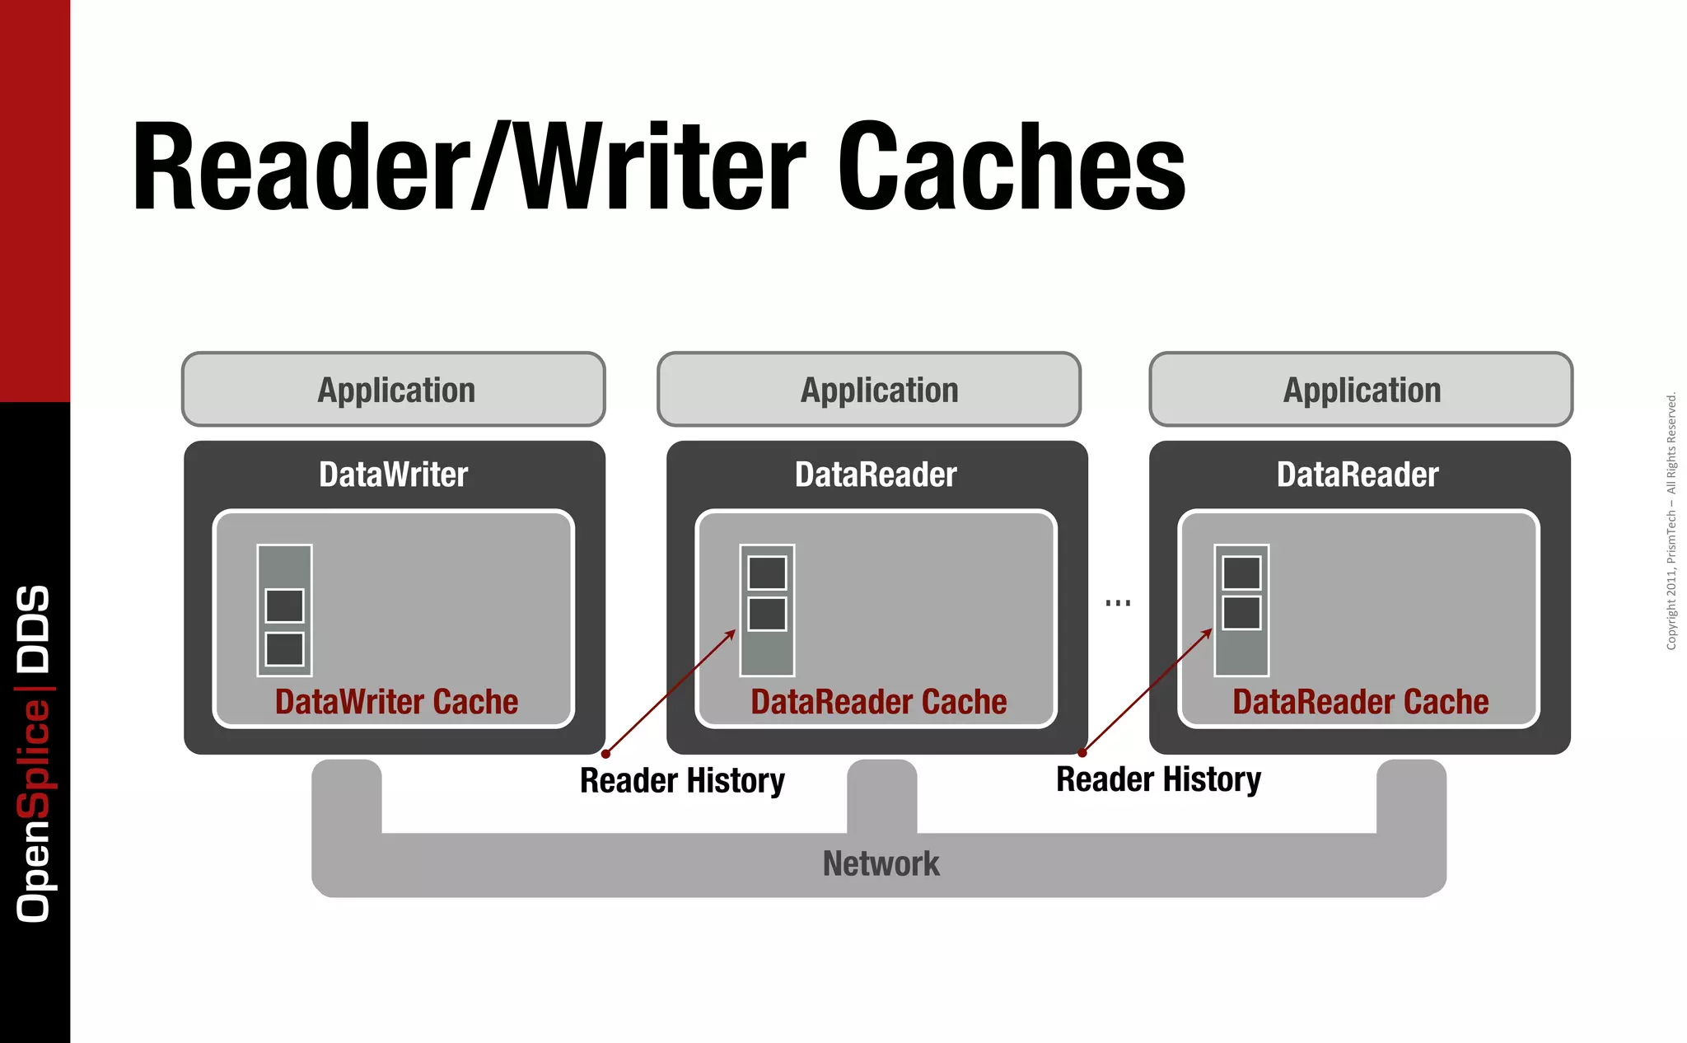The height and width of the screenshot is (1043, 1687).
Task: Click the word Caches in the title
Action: click(1012, 168)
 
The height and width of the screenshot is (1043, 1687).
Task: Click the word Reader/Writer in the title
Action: click(470, 168)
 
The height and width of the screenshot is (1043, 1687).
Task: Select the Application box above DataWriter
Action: click(394, 390)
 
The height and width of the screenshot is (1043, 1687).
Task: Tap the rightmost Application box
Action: click(1361, 390)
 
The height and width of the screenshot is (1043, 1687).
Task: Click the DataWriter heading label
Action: click(394, 475)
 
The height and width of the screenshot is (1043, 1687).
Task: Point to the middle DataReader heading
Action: click(876, 475)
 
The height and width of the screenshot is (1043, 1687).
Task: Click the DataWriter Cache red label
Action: click(396, 702)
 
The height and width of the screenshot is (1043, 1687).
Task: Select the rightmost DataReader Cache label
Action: click(1360, 702)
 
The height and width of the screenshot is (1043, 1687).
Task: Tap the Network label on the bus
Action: click(881, 863)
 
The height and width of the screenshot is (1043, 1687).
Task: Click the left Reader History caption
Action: click(682, 780)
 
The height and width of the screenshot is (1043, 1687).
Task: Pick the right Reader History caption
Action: click(1158, 779)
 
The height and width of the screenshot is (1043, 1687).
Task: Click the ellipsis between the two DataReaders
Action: click(1118, 603)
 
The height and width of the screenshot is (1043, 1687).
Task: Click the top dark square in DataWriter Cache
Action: click(284, 606)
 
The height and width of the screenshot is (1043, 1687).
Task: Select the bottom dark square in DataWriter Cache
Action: click(284, 649)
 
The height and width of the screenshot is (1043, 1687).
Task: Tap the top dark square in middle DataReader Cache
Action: click(767, 573)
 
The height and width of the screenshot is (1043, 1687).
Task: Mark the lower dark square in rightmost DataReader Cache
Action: click(1241, 613)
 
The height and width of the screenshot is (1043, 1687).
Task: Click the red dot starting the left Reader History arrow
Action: click(605, 754)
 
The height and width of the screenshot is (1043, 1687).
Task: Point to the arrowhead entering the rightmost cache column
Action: click(1209, 631)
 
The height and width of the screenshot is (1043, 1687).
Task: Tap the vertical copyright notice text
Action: click(1671, 521)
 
